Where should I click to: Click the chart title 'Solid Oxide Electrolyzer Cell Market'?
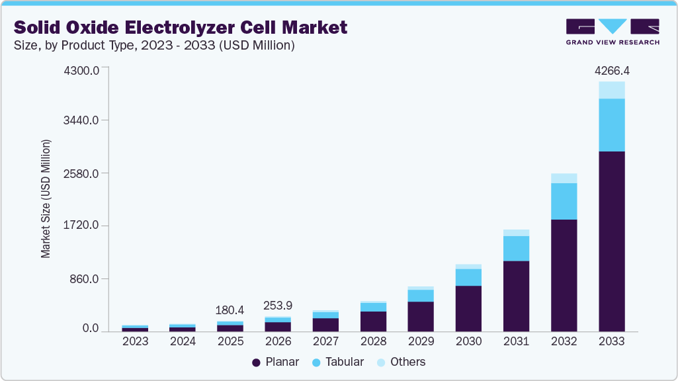click(181, 27)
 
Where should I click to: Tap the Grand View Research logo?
click(613, 32)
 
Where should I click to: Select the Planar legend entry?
click(275, 362)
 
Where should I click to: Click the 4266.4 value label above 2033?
click(612, 70)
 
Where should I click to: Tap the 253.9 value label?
click(278, 306)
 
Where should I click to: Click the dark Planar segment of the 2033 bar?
click(612, 241)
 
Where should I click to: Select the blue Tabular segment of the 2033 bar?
click(612, 125)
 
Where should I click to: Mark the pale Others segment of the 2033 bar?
click(612, 90)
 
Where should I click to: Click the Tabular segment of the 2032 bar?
click(564, 201)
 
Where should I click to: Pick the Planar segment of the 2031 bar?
click(516, 296)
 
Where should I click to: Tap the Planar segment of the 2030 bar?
click(468, 308)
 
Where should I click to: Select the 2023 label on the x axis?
click(135, 341)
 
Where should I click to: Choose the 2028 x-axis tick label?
click(373, 341)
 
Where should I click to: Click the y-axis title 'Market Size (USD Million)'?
click(46, 198)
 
